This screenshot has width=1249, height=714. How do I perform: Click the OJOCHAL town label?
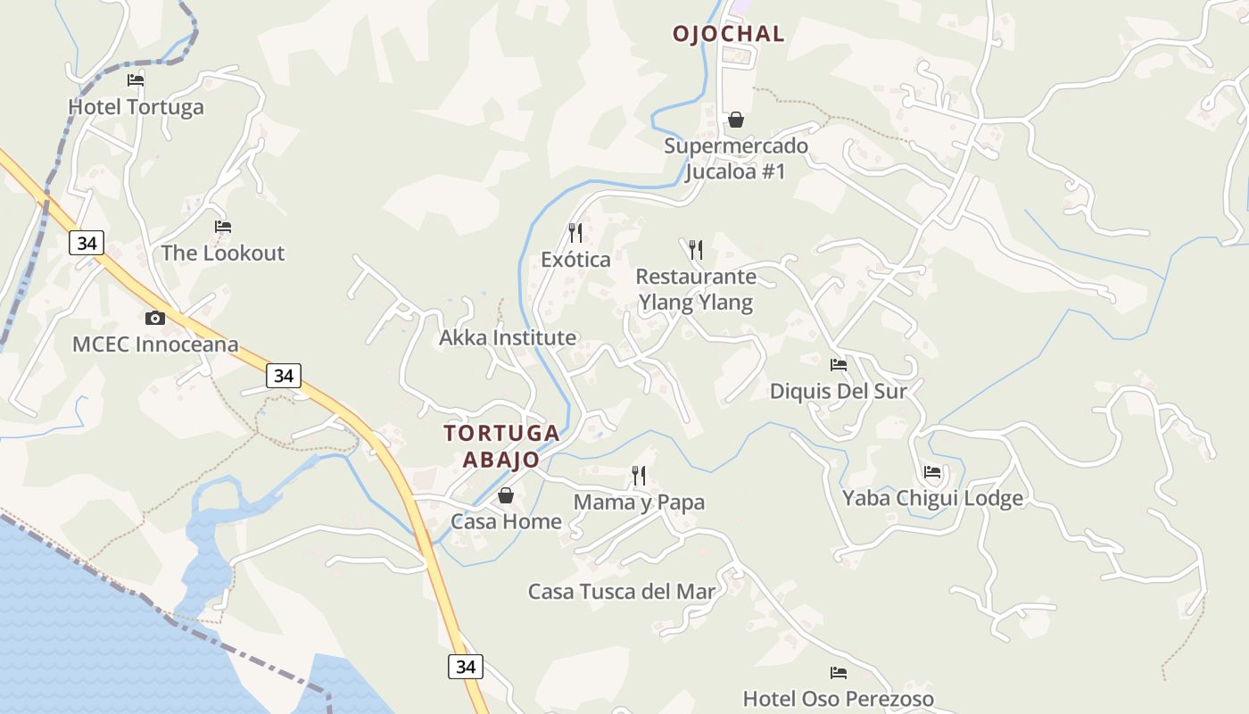pos(728,34)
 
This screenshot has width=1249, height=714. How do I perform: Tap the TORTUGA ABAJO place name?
pos(502,446)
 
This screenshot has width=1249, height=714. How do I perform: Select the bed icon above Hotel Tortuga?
pos(136,80)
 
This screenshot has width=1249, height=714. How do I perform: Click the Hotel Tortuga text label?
pos(136,107)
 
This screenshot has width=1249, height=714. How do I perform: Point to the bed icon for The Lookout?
pos(223,227)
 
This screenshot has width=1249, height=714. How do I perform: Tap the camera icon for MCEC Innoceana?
pos(155,319)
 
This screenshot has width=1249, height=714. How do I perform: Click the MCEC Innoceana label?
pos(155,345)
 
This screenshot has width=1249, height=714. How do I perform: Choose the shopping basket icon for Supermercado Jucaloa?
pos(736,120)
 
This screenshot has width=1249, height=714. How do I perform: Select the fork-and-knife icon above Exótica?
pos(575,233)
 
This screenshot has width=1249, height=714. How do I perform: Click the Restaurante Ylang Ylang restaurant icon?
pos(696,250)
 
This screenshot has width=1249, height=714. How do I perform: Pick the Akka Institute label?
pos(508,338)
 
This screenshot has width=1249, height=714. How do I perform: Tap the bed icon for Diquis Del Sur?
pos(839,364)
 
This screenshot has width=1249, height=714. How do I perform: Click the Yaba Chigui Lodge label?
pos(932,498)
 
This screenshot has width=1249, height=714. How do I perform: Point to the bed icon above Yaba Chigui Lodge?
pos(932,472)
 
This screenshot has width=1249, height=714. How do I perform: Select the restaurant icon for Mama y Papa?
pos(639,476)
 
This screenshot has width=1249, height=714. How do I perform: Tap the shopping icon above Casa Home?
pos(506,495)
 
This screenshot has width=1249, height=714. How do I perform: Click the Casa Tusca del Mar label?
pos(622,592)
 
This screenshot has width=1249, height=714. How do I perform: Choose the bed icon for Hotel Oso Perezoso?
pos(839,673)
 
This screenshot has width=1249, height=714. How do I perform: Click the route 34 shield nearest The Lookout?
pos(87,243)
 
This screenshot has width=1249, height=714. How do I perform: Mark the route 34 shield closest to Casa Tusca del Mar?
pos(465,667)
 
